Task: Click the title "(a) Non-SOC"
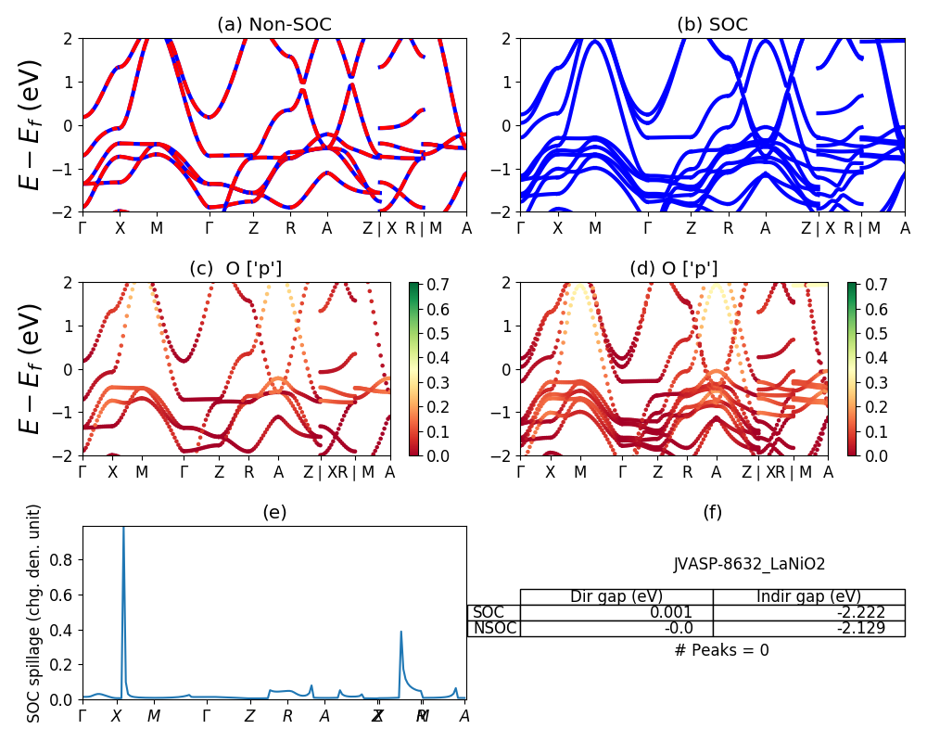pos(274,25)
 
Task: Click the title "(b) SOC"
pos(712,25)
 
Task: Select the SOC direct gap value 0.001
pos(674,612)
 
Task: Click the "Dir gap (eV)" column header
pos(616,596)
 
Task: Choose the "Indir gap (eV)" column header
pos(808,596)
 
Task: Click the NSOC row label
pos(493,629)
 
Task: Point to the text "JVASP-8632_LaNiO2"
pos(749,564)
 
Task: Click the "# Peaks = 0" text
pos(721,650)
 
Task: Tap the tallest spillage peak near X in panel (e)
pos(123,531)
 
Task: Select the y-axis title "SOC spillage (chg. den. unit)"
pos(35,613)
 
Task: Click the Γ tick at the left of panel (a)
pos(83,228)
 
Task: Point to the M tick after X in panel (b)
pos(595,228)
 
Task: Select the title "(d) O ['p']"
pos(674,269)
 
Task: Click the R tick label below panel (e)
pos(287,716)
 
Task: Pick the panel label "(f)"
pos(712,512)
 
